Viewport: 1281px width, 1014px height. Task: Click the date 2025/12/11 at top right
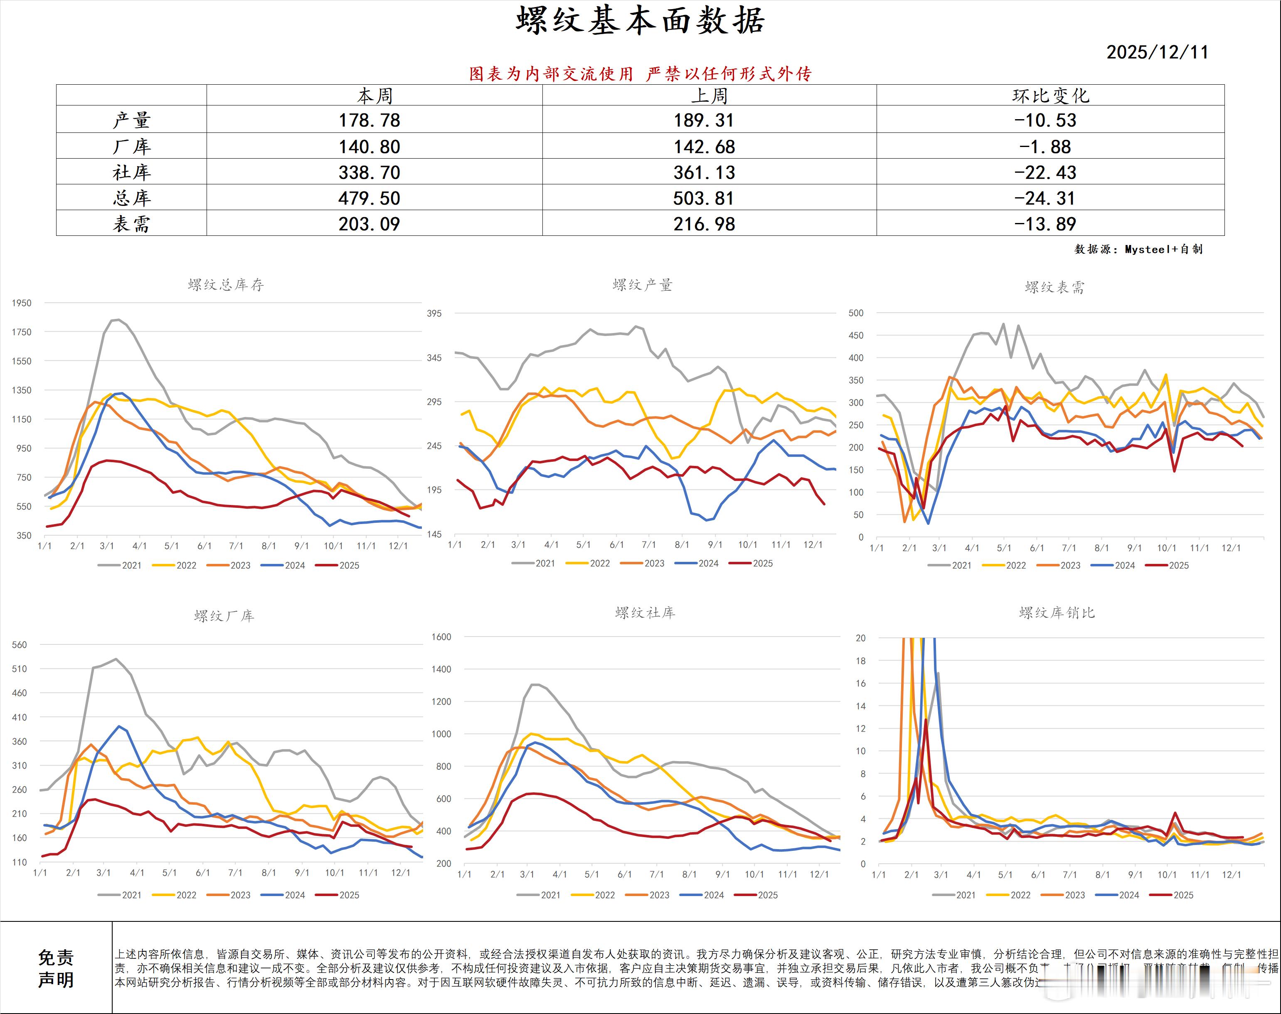[1157, 52]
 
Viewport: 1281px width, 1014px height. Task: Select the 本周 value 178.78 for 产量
[369, 120]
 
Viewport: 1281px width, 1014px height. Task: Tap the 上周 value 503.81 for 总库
[704, 198]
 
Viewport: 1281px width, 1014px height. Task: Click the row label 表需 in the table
[131, 224]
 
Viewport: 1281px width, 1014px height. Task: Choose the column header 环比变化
[1050, 96]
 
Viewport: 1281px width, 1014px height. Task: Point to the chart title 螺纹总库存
[226, 285]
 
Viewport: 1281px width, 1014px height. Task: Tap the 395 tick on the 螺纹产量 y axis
[434, 314]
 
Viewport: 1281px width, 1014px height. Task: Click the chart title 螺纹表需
[1054, 287]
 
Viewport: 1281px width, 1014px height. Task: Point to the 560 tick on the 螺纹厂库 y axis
[19, 645]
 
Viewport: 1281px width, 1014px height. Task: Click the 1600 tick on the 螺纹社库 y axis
[441, 637]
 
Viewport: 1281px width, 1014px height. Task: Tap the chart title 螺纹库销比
[1057, 612]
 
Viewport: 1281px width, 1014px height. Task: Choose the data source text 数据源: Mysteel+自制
[1138, 249]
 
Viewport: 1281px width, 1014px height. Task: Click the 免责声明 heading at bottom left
[56, 968]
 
